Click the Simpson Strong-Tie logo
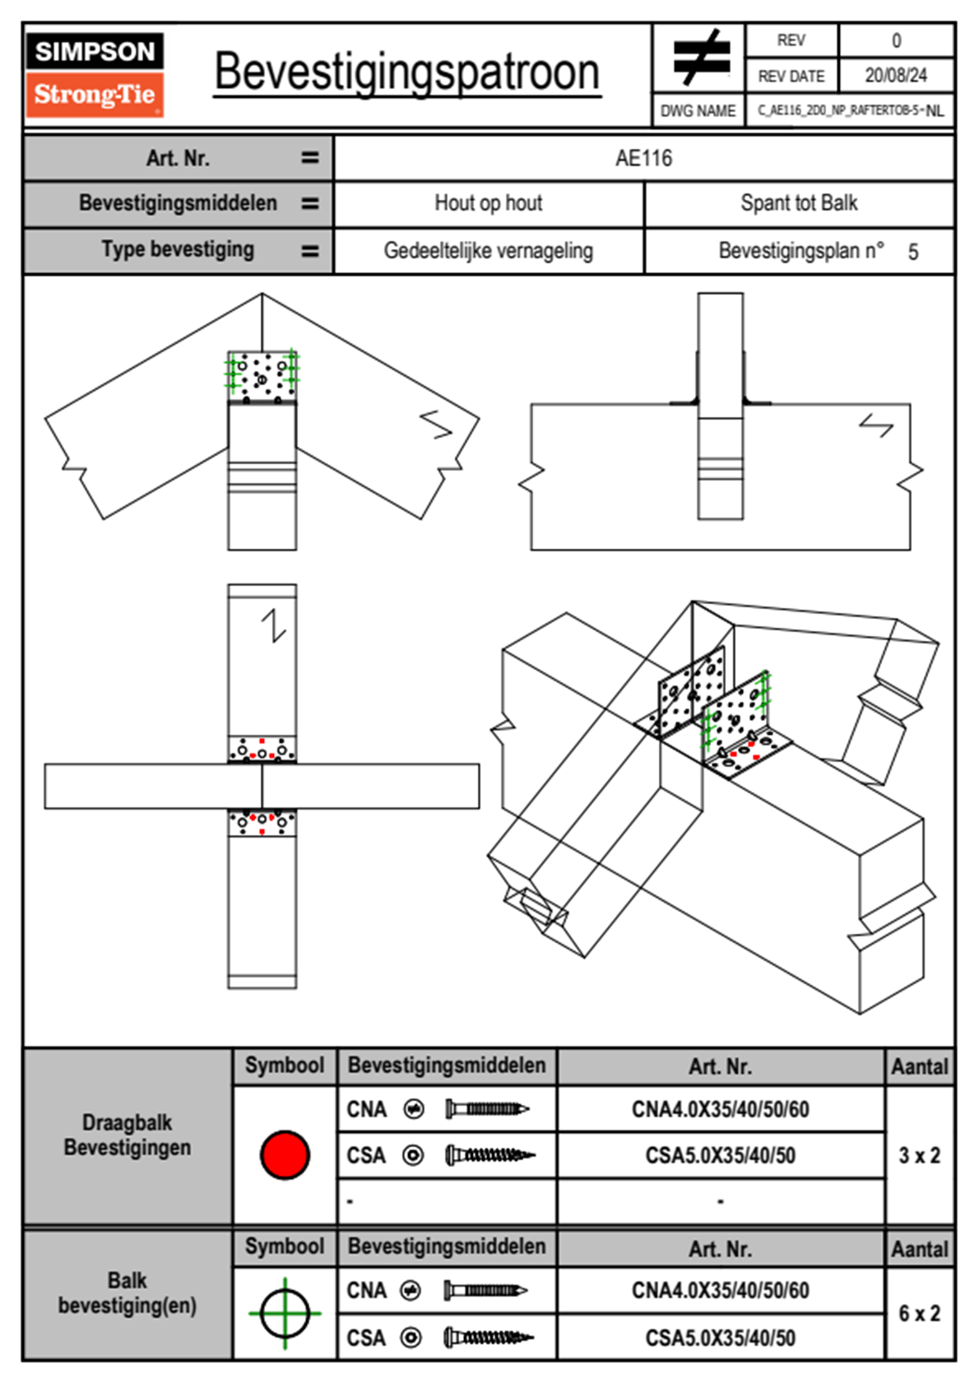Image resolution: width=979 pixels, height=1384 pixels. pos(95,74)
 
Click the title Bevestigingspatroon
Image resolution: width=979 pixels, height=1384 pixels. pos(406,72)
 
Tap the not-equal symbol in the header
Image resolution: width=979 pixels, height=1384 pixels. pos(701,58)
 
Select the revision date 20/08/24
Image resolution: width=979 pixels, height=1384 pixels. pos(895,76)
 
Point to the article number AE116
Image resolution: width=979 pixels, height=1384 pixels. pos(643,158)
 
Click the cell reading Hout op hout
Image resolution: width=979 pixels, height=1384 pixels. pos(488,203)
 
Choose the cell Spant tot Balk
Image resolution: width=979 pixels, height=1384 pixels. pos(799,203)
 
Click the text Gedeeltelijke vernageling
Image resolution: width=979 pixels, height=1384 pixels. pos(488,251)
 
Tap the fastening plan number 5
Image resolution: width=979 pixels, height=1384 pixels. pos(913,252)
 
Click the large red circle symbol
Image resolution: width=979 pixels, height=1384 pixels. pos(285,1154)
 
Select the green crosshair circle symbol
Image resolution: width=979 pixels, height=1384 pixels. pos(285,1313)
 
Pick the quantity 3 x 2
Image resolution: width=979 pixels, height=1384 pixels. pos(919,1155)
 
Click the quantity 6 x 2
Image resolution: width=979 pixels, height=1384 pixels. pos(919,1313)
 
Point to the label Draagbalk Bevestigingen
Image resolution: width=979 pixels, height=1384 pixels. pos(128,1135)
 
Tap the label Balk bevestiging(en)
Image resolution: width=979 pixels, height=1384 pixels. pos(128,1293)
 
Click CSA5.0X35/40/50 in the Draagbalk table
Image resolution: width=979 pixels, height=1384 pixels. pos(720,1156)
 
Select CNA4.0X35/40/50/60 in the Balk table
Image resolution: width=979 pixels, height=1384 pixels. pos(720,1290)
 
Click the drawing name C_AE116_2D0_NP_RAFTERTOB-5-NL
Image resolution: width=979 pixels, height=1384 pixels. pos(850,110)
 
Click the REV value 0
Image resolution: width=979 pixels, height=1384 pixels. pos(896,40)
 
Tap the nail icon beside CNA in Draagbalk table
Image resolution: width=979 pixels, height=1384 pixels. pos(487,1109)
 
